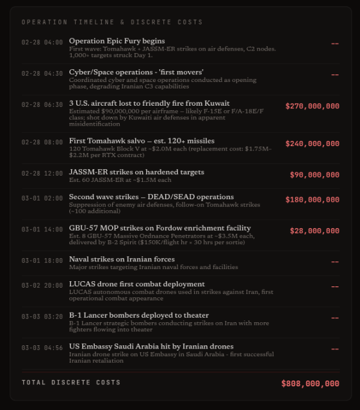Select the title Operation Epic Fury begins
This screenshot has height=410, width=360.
coord(117,41)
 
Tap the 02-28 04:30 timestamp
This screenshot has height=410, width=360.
coord(42,73)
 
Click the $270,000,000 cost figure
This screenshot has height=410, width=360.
coord(312,106)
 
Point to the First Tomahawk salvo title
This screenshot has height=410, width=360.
coord(142,141)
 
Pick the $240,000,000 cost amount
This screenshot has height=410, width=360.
coord(312,144)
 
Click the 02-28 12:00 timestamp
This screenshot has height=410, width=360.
coord(42,173)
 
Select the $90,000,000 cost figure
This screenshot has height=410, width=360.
coord(315,175)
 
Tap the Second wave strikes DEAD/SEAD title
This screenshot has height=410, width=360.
coord(151,197)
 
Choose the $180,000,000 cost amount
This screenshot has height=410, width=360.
coord(312,200)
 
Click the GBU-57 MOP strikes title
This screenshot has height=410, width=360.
coord(160,228)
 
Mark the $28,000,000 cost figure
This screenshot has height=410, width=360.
coord(315,231)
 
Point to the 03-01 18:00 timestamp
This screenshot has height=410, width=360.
coord(42,260)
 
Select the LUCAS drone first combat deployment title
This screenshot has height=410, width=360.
coord(136,284)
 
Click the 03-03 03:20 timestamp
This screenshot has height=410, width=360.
coord(42,316)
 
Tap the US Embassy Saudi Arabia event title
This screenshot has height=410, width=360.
coord(151,346)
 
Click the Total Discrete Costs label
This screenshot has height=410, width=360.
coord(70,382)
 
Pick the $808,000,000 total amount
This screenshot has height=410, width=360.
coord(310,384)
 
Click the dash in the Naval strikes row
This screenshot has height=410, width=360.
coord(334,262)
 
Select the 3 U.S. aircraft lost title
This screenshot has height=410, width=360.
coord(149,103)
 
